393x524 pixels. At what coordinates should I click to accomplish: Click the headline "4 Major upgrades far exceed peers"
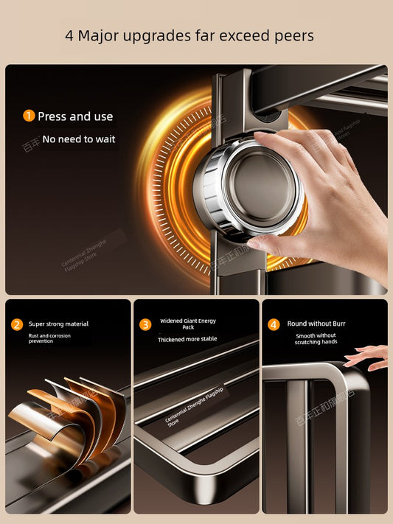click(189, 35)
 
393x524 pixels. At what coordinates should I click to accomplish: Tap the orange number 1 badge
click(29, 116)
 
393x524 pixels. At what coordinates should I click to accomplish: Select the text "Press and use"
click(75, 116)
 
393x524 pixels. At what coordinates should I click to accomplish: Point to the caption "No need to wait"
click(79, 139)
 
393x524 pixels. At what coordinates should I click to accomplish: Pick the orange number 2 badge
click(17, 324)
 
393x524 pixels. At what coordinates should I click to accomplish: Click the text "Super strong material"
click(59, 324)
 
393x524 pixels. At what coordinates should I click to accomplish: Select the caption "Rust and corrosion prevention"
click(51, 338)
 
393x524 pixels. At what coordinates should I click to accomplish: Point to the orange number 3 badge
click(145, 324)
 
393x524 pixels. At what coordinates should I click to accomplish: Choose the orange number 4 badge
click(274, 324)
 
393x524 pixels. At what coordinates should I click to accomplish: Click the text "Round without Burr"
click(316, 324)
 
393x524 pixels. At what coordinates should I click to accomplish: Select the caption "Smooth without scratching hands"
click(316, 339)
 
